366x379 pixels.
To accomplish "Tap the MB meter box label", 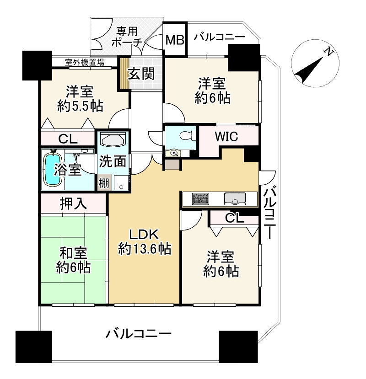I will click(174, 40).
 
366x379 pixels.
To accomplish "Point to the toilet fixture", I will click(185, 136).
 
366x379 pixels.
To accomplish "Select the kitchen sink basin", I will click(234, 199).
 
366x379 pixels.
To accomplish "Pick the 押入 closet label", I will click(73, 203).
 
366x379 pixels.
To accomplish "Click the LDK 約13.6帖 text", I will click(144, 242).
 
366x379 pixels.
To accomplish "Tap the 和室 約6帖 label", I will click(73, 260).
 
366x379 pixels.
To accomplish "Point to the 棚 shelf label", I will click(104, 182).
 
